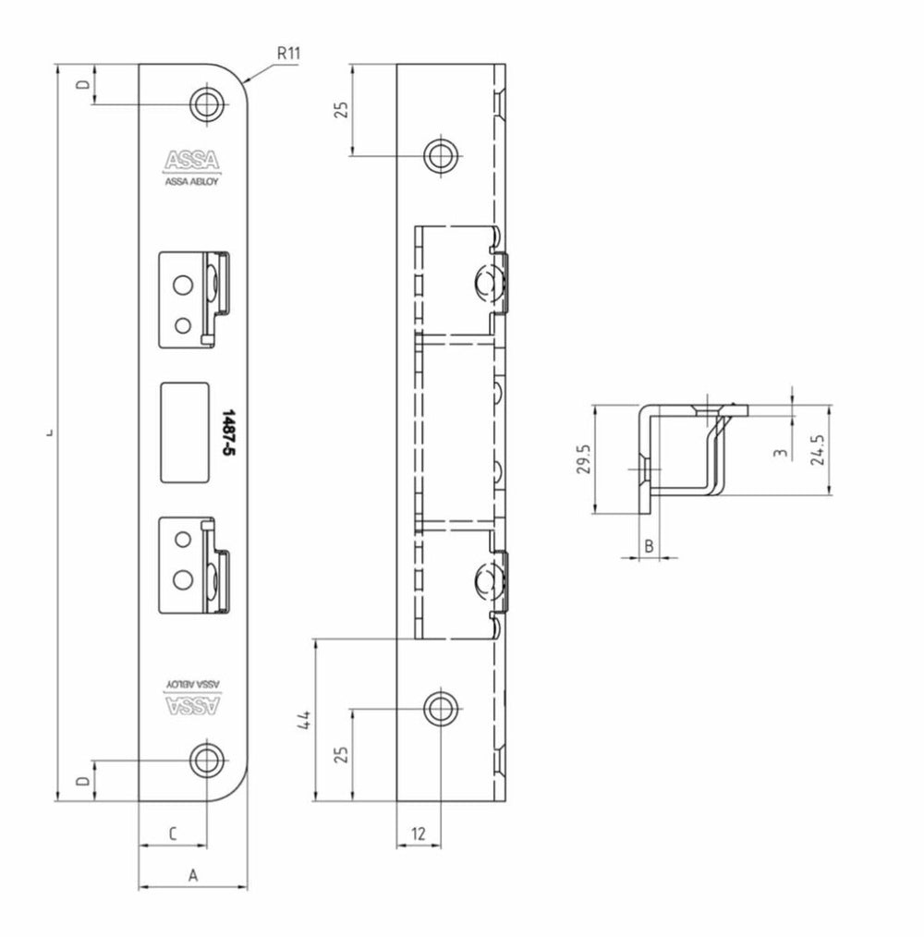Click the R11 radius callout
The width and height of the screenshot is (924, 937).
[288, 54]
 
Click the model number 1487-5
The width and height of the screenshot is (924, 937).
[227, 433]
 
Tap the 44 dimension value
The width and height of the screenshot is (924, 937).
[305, 720]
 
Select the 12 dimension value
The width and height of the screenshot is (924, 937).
[418, 833]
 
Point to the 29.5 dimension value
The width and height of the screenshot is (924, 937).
[583, 458]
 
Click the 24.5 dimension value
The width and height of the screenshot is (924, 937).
[818, 449]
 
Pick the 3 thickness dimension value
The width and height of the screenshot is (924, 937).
[780, 453]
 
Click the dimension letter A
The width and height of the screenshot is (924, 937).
[192, 875]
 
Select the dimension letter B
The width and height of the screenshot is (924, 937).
[649, 545]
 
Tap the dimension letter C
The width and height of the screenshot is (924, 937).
[173, 833]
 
